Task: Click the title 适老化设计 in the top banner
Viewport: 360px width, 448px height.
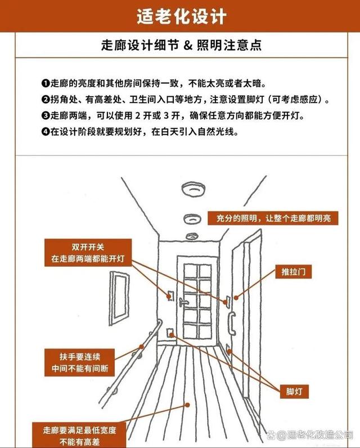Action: tap(181, 16)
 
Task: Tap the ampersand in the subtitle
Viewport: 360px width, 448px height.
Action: tap(188, 45)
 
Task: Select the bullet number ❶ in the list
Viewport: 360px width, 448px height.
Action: tap(46, 83)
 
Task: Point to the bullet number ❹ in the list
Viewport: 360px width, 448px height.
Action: tap(46, 132)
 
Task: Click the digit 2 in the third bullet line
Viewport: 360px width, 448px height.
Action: tap(138, 116)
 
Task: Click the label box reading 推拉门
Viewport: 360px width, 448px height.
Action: tap(293, 271)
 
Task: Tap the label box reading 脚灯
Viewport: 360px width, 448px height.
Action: tap(294, 391)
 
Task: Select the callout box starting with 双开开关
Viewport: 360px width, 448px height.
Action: tap(88, 253)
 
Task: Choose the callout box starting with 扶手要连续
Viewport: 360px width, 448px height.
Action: tap(80, 362)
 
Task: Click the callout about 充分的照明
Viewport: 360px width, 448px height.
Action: tap(273, 218)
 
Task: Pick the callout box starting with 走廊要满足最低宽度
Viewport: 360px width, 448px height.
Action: tap(79, 435)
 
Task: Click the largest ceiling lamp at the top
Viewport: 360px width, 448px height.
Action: tap(193, 189)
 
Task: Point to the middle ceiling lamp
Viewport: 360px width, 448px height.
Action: tap(192, 219)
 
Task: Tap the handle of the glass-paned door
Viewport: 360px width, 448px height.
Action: tap(182, 302)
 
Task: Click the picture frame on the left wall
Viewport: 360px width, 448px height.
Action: tap(119, 298)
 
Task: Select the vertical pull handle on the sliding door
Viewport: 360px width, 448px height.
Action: tap(232, 323)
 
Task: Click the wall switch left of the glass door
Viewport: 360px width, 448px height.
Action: tap(170, 295)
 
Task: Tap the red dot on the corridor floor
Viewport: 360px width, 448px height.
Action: tap(187, 405)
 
